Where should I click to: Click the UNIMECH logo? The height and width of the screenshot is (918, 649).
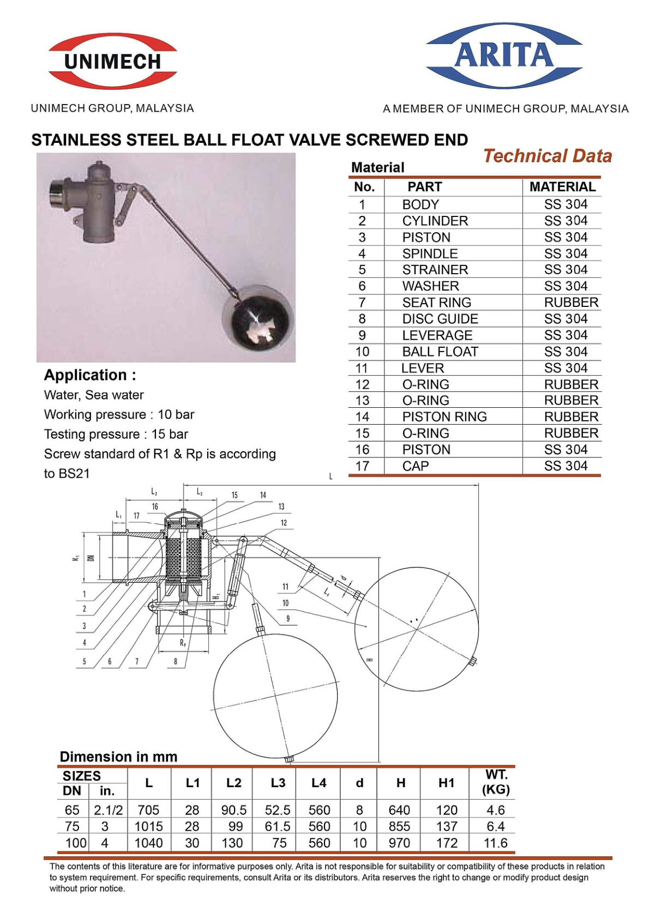click(113, 61)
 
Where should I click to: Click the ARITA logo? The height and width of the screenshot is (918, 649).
click(503, 55)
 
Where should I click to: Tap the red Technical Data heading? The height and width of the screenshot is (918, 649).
click(547, 156)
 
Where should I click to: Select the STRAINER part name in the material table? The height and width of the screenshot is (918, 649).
click(435, 270)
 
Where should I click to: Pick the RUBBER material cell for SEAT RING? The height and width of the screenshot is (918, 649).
click(571, 303)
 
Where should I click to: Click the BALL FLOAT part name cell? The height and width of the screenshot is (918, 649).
click(440, 352)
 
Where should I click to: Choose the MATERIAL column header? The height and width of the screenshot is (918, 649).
click(562, 187)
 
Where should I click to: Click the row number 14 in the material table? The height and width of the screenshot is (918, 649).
click(362, 417)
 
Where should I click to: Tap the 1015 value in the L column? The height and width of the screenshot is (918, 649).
click(148, 826)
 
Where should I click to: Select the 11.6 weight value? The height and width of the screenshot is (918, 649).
click(495, 843)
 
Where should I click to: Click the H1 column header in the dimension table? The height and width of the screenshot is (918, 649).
click(446, 783)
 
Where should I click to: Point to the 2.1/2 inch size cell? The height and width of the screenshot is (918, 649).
click(108, 810)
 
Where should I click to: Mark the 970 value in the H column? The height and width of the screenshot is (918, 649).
click(399, 843)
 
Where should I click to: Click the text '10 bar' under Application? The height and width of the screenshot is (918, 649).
click(176, 414)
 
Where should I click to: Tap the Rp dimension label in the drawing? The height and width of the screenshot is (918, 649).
click(183, 643)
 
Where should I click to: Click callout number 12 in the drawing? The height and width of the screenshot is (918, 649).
click(284, 523)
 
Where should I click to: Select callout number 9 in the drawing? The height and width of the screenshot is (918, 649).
click(288, 619)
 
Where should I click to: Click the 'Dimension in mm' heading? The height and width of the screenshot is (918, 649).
click(118, 757)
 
